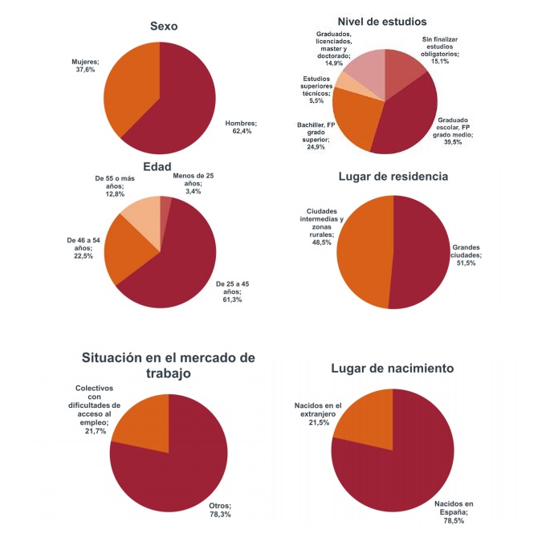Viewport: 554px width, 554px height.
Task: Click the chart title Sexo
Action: pyautogui.click(x=164, y=26)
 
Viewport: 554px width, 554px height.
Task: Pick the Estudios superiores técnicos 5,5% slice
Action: pyautogui.click(x=343, y=81)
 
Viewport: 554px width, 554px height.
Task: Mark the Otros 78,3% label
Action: pyautogui.click(x=220, y=509)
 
